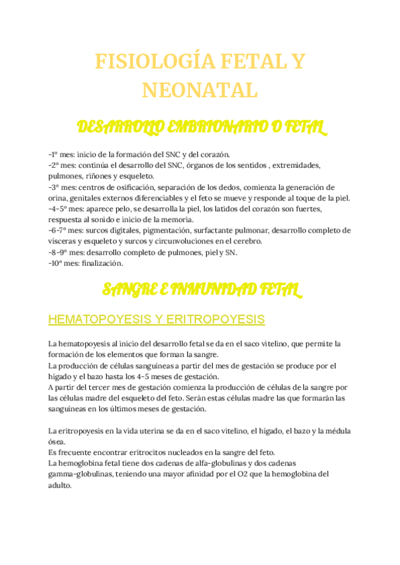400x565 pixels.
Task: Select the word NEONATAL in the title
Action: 200,89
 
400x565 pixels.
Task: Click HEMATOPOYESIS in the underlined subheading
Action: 101,320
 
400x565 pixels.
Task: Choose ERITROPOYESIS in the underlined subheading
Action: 218,320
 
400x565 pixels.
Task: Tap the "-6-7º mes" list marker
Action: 66,231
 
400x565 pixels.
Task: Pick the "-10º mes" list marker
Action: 63,263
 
